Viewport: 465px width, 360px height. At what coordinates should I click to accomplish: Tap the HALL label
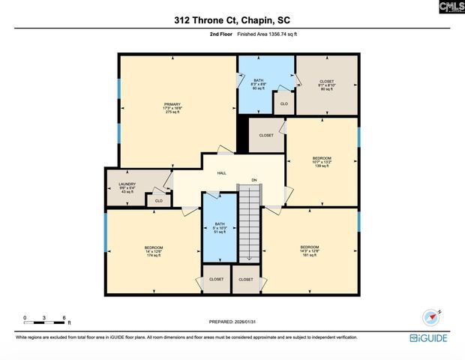[222, 173]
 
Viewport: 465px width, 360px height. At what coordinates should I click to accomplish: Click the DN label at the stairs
[254, 180]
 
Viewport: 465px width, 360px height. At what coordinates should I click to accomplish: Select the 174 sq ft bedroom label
[154, 250]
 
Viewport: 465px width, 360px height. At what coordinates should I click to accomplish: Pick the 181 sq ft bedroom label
[310, 250]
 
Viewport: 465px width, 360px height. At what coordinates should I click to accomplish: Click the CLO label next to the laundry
[158, 201]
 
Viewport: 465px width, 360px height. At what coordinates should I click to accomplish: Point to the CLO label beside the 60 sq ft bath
[283, 103]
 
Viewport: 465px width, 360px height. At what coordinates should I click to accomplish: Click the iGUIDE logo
[430, 338]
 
